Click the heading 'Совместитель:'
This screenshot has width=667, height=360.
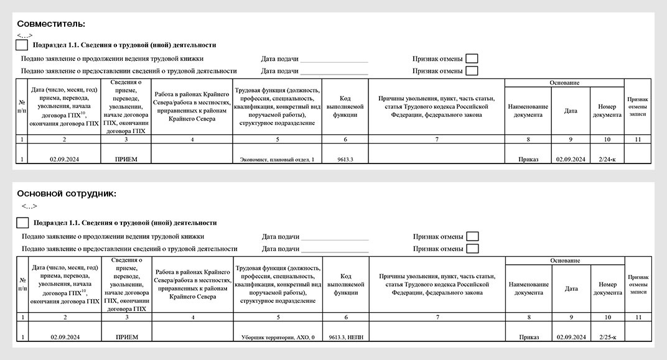pyautogui.click(x=51, y=24)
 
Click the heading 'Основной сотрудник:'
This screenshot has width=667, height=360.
pyautogui.click(x=67, y=193)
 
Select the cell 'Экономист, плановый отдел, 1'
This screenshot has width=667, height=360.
pyautogui.click(x=277, y=159)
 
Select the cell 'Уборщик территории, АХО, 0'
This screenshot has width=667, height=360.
pyautogui.click(x=278, y=337)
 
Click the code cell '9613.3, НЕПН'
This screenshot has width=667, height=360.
pyautogui.click(x=346, y=337)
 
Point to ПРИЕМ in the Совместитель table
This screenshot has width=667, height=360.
pyautogui.click(x=126, y=159)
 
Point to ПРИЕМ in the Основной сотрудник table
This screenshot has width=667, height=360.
pyautogui.click(x=127, y=337)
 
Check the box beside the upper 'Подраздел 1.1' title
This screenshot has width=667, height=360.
pyautogui.click(x=22, y=45)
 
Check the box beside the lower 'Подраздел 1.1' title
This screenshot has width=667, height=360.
pyautogui.click(x=22, y=223)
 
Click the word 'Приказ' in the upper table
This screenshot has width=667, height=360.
pyautogui.click(x=528, y=159)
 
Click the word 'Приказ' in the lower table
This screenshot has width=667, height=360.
pyautogui.click(x=529, y=337)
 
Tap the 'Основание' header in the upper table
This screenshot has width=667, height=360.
pyautogui.click(x=564, y=83)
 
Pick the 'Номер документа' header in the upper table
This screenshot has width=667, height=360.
pyautogui.click(x=607, y=111)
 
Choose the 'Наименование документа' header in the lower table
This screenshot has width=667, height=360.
pyautogui.click(x=529, y=288)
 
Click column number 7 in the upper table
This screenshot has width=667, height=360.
pyautogui.click(x=437, y=139)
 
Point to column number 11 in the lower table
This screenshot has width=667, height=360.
pyautogui.click(x=638, y=317)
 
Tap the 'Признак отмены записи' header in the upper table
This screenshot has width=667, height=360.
pyautogui.click(x=638, y=107)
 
